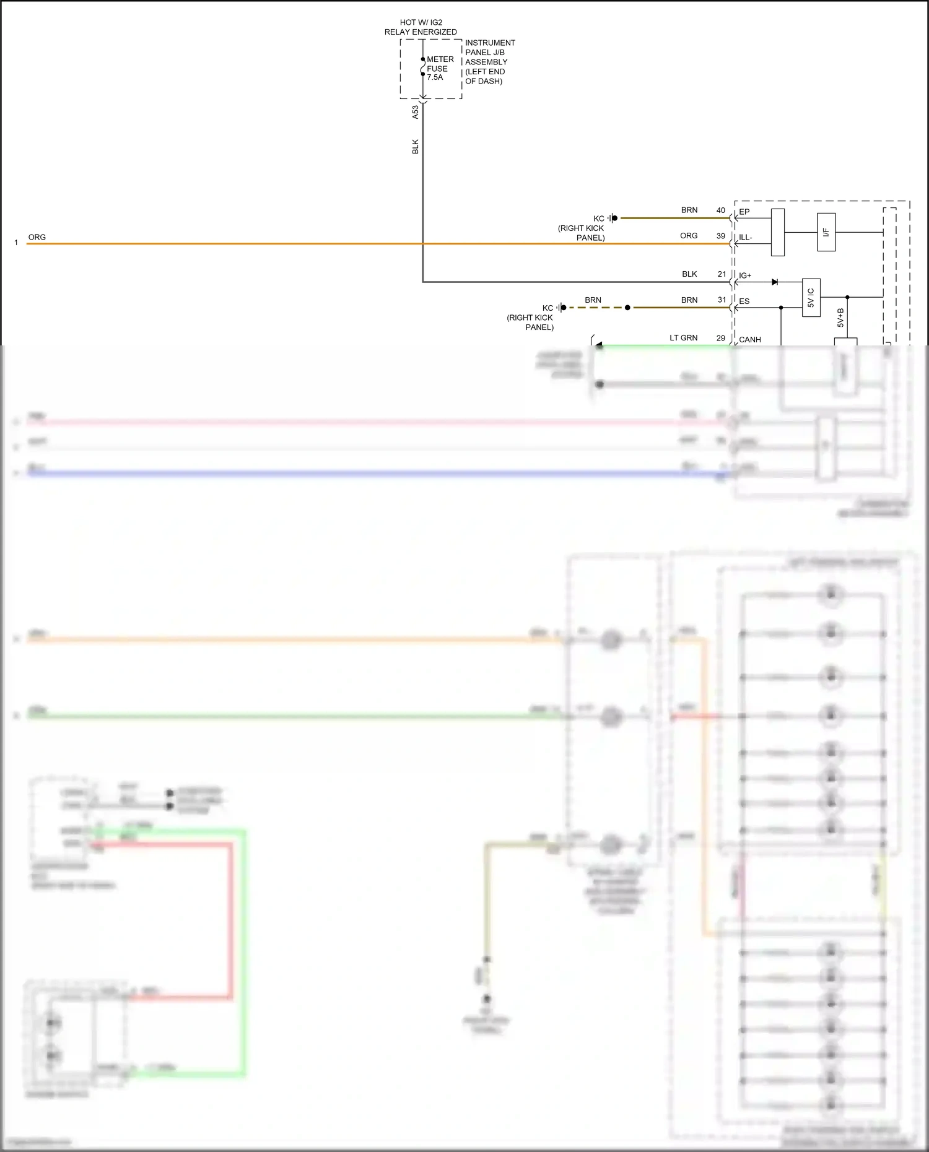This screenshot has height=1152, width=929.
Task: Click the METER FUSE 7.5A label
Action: (x=440, y=68)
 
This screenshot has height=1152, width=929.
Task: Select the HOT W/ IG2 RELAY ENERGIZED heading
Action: (x=421, y=27)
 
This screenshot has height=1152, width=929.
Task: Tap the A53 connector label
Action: (x=416, y=112)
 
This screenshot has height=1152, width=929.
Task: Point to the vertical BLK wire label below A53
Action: (x=416, y=147)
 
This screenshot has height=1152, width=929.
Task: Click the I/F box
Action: (x=826, y=232)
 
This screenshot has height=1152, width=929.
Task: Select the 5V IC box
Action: (x=811, y=298)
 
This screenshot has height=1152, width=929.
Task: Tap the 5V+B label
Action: (x=840, y=318)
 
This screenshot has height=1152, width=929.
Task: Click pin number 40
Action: (x=721, y=210)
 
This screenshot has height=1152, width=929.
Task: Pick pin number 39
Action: (x=721, y=236)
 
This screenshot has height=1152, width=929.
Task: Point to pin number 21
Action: (x=722, y=274)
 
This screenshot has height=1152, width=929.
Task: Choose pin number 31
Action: (x=722, y=300)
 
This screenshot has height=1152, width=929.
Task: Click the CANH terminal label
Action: (x=750, y=340)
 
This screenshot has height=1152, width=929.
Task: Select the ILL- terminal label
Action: (x=746, y=238)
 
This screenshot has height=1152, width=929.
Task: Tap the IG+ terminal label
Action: (x=745, y=275)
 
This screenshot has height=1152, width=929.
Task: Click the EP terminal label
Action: (x=744, y=212)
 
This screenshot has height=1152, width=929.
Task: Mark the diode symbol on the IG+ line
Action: (x=774, y=282)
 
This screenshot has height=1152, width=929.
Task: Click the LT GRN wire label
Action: (x=683, y=338)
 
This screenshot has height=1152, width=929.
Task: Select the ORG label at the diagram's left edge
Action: (x=37, y=237)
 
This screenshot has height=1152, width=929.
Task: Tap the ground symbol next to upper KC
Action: (x=612, y=218)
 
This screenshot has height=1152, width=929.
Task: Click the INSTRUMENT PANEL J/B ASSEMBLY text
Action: (x=489, y=62)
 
